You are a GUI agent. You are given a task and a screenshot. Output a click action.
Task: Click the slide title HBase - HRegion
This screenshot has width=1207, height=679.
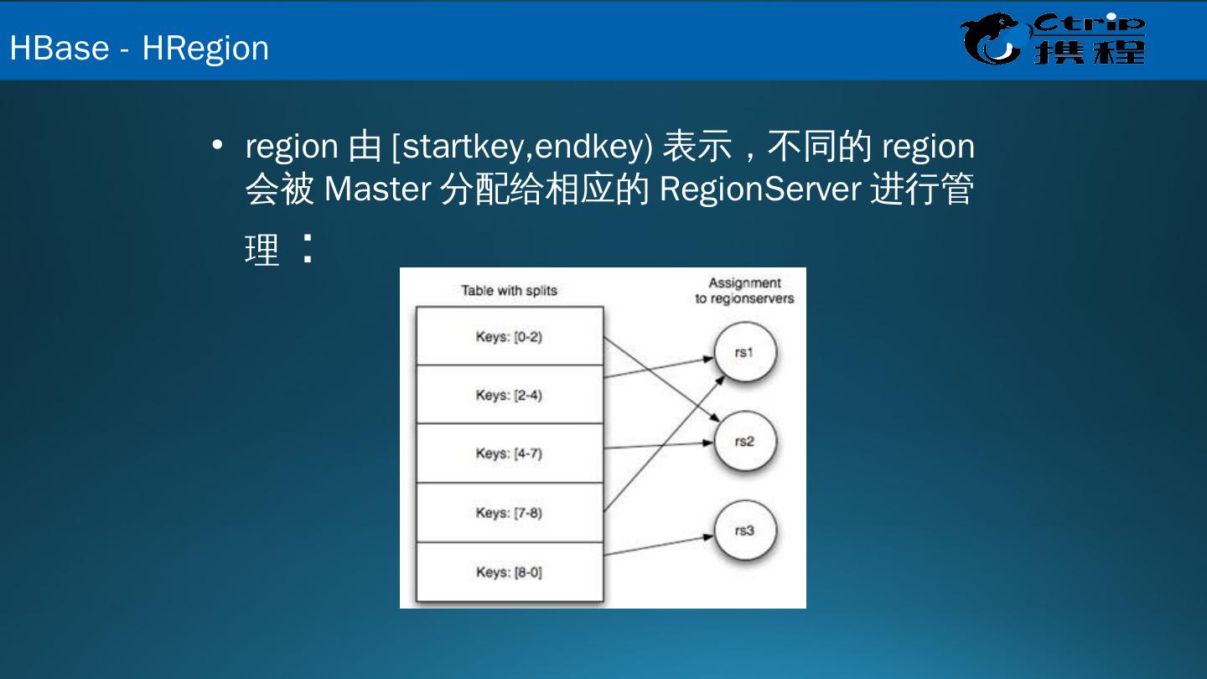click(139, 48)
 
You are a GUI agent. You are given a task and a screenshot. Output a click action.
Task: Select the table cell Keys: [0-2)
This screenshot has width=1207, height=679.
click(510, 337)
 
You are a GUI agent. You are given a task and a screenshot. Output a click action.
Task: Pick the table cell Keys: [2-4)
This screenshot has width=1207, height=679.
click(510, 395)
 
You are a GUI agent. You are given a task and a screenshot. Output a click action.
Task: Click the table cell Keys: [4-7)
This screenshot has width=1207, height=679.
click(510, 454)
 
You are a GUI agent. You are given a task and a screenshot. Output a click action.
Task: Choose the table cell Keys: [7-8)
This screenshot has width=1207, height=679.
click(510, 512)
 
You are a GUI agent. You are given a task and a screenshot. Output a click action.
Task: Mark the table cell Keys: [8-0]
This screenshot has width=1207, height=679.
click(510, 573)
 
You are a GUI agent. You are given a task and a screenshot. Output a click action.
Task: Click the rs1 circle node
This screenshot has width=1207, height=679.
click(744, 353)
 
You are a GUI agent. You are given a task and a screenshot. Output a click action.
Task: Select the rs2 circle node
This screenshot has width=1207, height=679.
click(744, 442)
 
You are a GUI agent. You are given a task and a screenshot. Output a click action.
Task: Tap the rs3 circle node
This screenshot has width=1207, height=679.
click(744, 531)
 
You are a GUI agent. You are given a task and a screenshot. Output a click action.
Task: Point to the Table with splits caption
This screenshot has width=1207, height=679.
click(509, 291)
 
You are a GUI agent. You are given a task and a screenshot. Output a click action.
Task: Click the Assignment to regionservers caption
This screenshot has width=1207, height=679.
click(744, 291)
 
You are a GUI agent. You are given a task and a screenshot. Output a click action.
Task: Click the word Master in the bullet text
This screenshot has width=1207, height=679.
click(376, 189)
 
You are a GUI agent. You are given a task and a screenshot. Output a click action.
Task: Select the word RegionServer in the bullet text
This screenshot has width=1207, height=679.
click(760, 189)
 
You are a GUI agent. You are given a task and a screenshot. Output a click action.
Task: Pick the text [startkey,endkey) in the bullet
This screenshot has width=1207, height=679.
click(521, 147)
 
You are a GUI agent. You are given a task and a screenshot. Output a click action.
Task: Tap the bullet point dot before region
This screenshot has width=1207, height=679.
click(218, 146)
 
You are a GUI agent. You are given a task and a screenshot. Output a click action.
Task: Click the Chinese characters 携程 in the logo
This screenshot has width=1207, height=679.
click(1089, 51)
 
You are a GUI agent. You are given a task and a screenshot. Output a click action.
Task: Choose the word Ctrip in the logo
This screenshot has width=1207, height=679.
click(1089, 23)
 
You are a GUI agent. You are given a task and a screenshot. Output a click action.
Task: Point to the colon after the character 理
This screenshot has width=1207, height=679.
click(308, 248)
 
